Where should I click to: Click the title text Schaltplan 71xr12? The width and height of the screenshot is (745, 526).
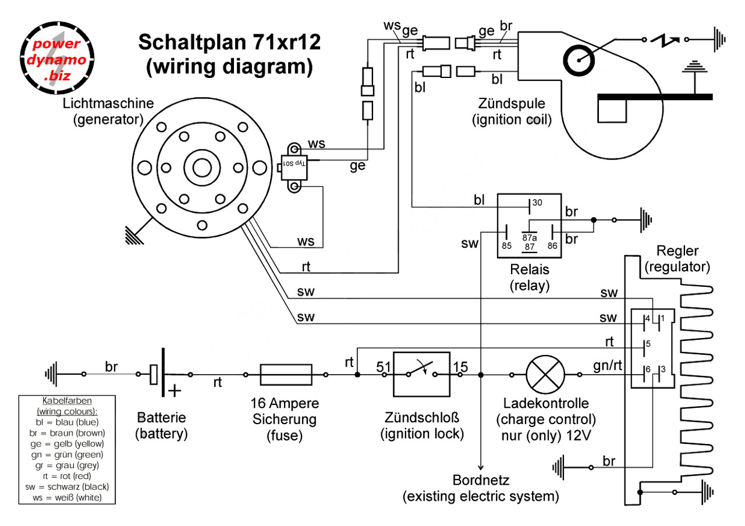(229, 43)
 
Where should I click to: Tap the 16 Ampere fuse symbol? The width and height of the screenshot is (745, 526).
(286, 375)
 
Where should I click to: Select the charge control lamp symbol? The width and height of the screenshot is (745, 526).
(545, 375)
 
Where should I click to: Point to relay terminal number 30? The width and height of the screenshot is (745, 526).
(537, 203)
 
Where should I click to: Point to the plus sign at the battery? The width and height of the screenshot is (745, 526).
(173, 390)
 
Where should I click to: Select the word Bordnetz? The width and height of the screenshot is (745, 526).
(481, 481)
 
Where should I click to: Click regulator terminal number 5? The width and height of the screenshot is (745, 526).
(647, 343)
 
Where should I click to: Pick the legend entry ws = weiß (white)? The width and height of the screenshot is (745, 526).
(67, 497)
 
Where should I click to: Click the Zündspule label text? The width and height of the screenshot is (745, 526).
(512, 105)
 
